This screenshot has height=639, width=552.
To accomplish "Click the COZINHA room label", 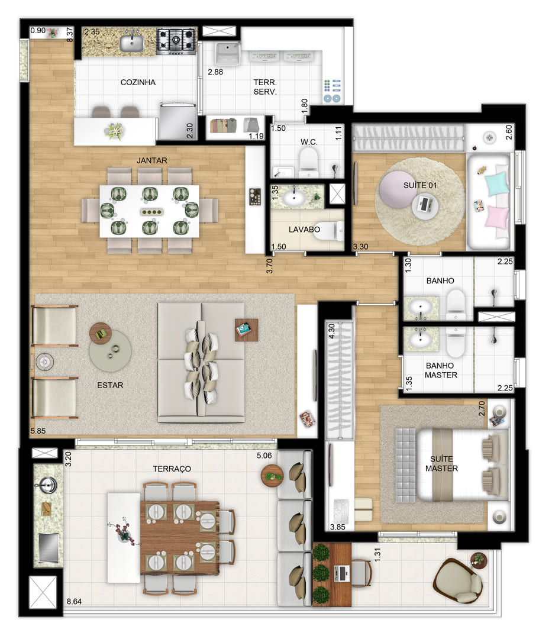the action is pyautogui.click(x=138, y=82).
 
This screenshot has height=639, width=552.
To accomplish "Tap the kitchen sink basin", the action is pyautogui.click(x=131, y=43).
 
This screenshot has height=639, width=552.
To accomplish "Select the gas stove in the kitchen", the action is pyautogui.click(x=176, y=40).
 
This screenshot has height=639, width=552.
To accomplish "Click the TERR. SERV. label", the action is pyautogui.click(x=265, y=87).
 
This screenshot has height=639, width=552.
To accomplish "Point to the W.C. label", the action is pyautogui.click(x=309, y=142).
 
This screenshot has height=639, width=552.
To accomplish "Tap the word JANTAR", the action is pyautogui.click(x=152, y=160).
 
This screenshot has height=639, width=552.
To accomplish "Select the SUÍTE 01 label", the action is pyautogui.click(x=419, y=185).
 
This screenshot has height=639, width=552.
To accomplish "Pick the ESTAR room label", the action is pyautogui.click(x=110, y=385).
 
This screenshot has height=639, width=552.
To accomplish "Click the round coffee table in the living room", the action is pyautogui.click(x=111, y=350).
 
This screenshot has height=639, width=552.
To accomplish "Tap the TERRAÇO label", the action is pyautogui.click(x=172, y=469).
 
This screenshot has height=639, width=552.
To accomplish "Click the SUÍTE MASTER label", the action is pyautogui.click(x=441, y=464).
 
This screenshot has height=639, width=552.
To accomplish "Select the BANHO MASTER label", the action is pyautogui.click(x=441, y=370).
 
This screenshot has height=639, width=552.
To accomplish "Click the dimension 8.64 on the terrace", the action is pyautogui.click(x=74, y=601).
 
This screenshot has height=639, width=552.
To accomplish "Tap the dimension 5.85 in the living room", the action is pyautogui.click(x=38, y=431).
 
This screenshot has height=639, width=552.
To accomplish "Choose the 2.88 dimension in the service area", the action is pyautogui.click(x=215, y=72).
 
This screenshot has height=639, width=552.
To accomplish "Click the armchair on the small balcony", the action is pyautogui.click(x=459, y=580).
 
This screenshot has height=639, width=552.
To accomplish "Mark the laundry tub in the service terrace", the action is pyautogui.click(x=228, y=53).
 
